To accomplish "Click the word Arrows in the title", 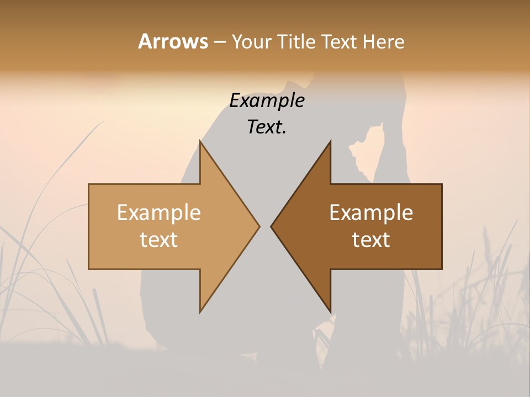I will pos(173,41).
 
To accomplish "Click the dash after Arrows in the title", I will pos(219,42).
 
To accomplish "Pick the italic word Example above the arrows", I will pos(267,101).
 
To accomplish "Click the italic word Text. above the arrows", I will pos(267,127).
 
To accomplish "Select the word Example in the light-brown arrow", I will pos(159,213).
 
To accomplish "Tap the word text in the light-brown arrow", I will pos(159,239).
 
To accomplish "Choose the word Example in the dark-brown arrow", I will pos(371,213).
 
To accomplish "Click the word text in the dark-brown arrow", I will pos(371,239).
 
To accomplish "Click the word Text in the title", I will pos(340,41).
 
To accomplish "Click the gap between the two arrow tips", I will pos(265,226).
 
